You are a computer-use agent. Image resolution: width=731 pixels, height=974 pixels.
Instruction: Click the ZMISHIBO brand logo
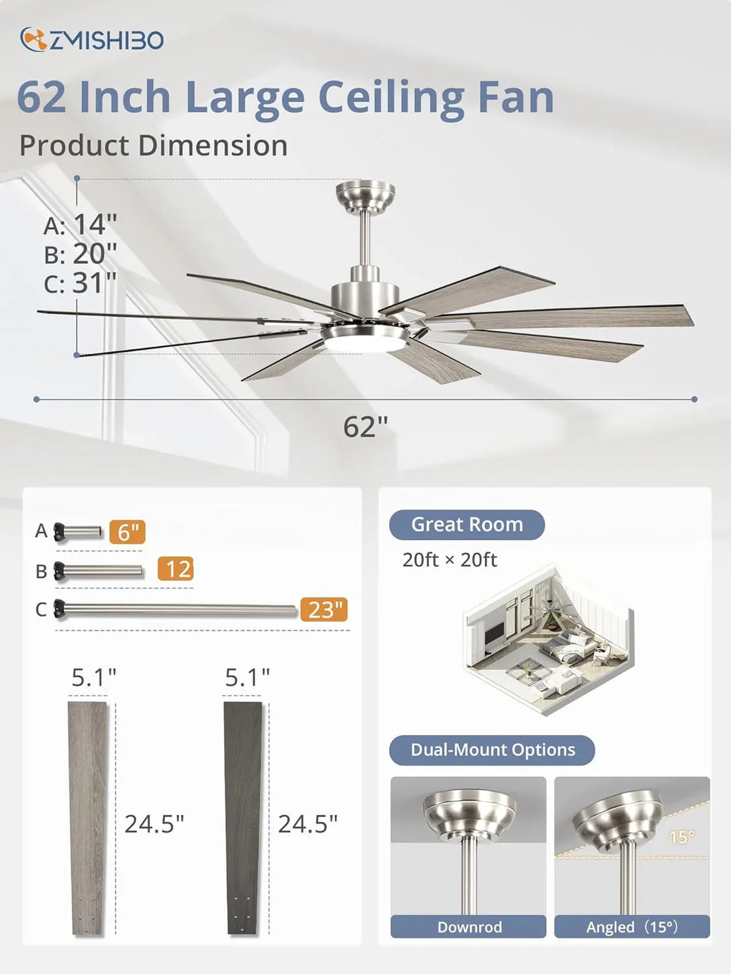[x=92, y=40]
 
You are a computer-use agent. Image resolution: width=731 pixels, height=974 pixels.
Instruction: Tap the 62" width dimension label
[x=365, y=427]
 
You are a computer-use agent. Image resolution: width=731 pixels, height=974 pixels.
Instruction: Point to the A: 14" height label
[x=80, y=225]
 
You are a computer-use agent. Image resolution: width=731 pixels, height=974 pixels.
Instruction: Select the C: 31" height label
[x=80, y=283]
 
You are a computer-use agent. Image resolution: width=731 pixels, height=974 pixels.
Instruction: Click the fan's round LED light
[x=364, y=343]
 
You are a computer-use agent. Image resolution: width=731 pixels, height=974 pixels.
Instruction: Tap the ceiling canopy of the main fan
[x=365, y=194]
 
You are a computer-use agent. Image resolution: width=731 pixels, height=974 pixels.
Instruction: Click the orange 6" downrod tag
[x=127, y=532]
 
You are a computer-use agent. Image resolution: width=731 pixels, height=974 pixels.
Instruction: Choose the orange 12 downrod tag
[x=176, y=569]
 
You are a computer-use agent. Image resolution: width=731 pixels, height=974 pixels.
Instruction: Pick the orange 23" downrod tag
[x=323, y=610]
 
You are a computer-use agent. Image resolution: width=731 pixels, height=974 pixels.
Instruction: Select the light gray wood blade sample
[x=88, y=818]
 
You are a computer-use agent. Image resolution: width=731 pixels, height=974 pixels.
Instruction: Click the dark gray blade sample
[x=243, y=818]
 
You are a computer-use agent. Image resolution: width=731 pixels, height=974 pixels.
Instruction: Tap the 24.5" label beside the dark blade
[x=308, y=824]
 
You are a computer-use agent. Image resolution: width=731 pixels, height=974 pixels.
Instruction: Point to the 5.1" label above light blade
[x=94, y=677]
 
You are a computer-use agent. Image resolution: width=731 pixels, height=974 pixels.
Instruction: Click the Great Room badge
[x=467, y=524]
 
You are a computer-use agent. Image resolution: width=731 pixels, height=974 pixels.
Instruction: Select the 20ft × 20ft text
[x=449, y=560]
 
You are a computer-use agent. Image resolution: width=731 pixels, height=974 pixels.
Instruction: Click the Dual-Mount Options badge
[x=492, y=750]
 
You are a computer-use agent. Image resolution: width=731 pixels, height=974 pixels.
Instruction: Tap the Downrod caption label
[x=469, y=927]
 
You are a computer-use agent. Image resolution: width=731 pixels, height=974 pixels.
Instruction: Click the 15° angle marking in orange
[x=681, y=837]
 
